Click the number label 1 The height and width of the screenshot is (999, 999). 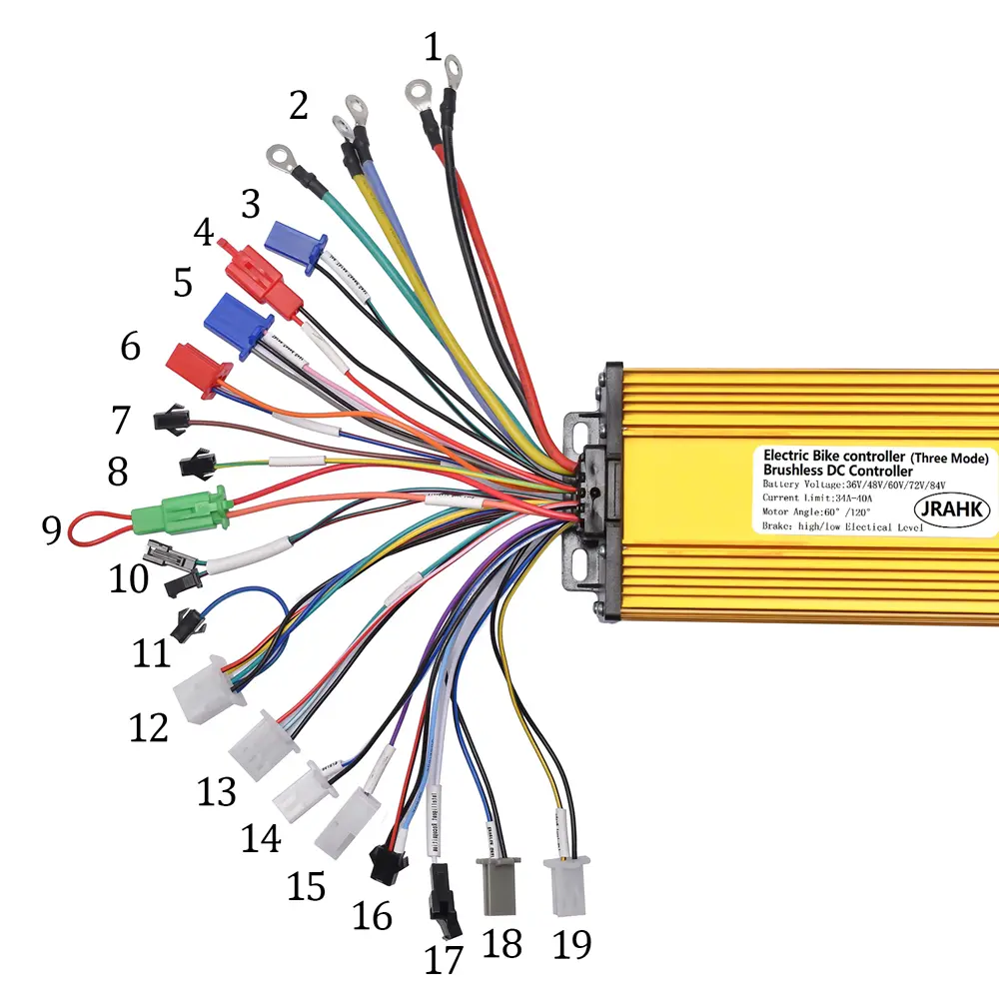(x=432, y=47)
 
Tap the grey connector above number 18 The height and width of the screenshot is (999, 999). (x=499, y=885)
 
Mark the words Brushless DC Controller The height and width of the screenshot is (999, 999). (x=838, y=470)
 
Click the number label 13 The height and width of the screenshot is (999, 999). (x=217, y=792)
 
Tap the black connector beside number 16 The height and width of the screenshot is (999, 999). (x=383, y=863)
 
